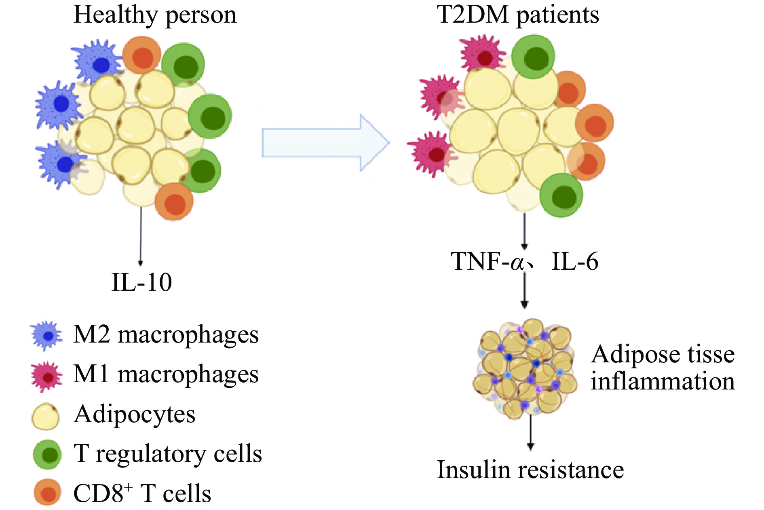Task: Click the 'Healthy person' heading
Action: pyautogui.click(x=155, y=15)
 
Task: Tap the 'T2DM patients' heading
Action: pyautogui.click(x=518, y=15)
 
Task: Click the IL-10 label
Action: pyautogui.click(x=141, y=282)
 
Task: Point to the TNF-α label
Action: pyautogui.click(x=488, y=262)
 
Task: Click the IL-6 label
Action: pyautogui.click(x=575, y=262)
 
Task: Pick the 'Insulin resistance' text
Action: pyautogui.click(x=530, y=470)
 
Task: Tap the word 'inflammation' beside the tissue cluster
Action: pyautogui.click(x=663, y=381)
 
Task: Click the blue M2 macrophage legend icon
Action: pyautogui.click(x=47, y=335)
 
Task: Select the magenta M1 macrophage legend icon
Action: pyautogui.click(x=47, y=376)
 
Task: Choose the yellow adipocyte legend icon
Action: pyautogui.click(x=46, y=416)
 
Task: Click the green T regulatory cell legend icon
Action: pyautogui.click(x=48, y=455)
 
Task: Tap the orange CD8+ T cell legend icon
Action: pyautogui.click(x=48, y=493)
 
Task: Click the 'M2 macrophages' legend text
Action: pyautogui.click(x=166, y=335)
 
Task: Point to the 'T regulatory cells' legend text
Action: pyautogui.click(x=168, y=454)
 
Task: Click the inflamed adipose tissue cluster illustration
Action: pyautogui.click(x=525, y=368)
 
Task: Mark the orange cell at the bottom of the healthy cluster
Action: pyautogui.click(x=174, y=202)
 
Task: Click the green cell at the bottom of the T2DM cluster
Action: pyautogui.click(x=561, y=196)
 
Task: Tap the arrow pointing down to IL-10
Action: pyautogui.click(x=141, y=237)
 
